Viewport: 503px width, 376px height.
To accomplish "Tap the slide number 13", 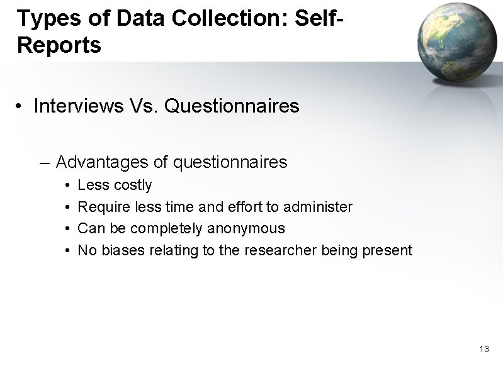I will click(484, 349).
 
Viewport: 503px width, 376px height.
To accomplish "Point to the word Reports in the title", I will click(60, 45).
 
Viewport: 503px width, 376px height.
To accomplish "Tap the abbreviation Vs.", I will click(145, 106).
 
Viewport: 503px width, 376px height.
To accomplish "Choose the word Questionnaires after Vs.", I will click(232, 106).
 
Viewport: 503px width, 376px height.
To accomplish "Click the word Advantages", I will click(102, 162).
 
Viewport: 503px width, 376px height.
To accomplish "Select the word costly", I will click(133, 185).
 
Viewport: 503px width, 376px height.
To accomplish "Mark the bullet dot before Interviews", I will click(21, 107).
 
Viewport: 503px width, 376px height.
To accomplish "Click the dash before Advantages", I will click(43, 163).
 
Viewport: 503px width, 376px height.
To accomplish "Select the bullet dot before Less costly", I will click(67, 186).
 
